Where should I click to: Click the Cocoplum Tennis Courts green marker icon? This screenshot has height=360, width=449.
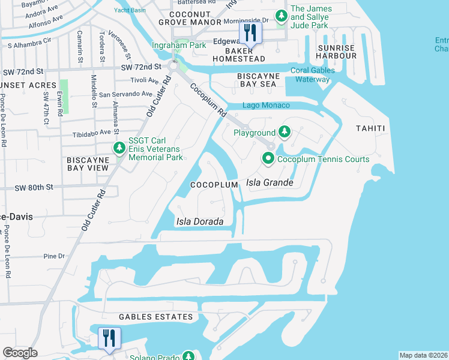[x=268, y=159]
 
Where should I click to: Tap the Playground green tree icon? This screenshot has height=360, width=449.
[x=285, y=132]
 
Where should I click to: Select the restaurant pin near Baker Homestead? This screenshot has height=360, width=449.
[x=249, y=34]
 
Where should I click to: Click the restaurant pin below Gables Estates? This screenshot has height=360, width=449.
[x=109, y=338]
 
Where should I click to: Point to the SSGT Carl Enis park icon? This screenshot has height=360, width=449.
[x=119, y=148]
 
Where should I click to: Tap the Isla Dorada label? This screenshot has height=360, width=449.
[x=199, y=221]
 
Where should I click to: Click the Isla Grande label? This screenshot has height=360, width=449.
[x=270, y=182]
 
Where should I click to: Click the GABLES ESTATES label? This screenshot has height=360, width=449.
[x=147, y=317]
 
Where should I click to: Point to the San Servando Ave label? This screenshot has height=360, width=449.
[x=126, y=94]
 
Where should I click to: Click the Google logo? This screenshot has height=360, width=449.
[x=20, y=353]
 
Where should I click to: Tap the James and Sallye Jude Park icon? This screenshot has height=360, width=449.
[x=280, y=16]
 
